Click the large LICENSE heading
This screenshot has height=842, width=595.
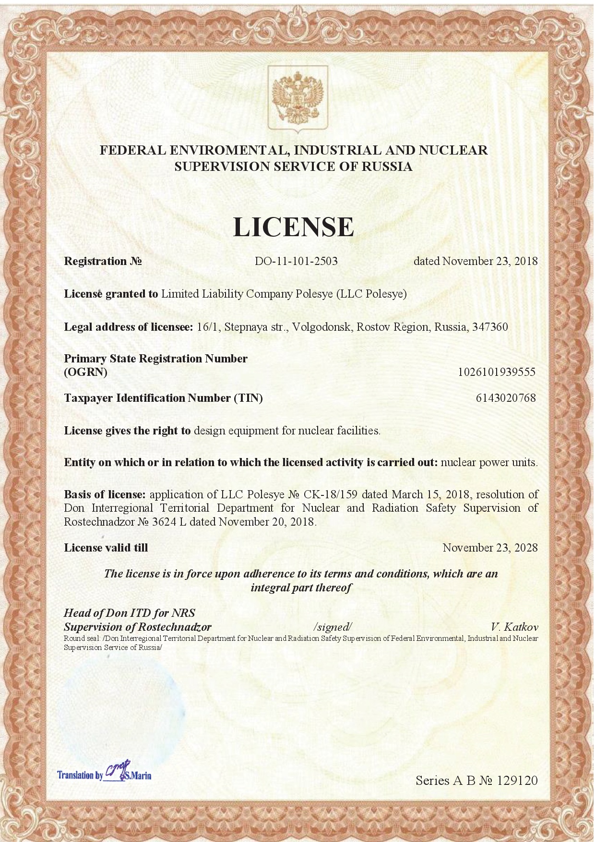pyautogui.click(x=294, y=227)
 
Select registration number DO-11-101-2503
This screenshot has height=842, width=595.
pyautogui.click(x=296, y=261)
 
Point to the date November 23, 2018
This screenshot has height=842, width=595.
pyautogui.click(x=489, y=261)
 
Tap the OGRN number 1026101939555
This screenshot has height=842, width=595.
pyautogui.click(x=497, y=372)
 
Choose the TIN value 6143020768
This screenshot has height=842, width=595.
pyautogui.click(x=506, y=398)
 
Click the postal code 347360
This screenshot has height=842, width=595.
pyautogui.click(x=490, y=327)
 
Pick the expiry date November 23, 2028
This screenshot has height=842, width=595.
pyautogui.click(x=490, y=548)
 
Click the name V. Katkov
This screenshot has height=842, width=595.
pyautogui.click(x=514, y=627)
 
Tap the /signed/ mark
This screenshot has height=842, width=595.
pyautogui.click(x=333, y=627)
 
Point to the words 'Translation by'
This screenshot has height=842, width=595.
pyautogui.click(x=80, y=775)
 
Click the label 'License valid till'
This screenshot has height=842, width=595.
pyautogui.click(x=106, y=548)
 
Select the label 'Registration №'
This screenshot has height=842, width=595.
pyautogui.click(x=103, y=261)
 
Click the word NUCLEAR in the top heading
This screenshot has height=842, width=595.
pyautogui.click(x=453, y=150)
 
